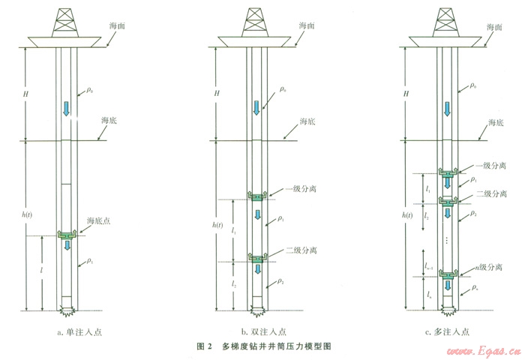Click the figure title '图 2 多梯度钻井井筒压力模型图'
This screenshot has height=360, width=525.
(263, 346)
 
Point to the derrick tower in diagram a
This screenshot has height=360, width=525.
(66, 19)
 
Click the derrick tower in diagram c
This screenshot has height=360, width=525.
(447, 19)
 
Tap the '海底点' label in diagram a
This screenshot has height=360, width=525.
(99, 220)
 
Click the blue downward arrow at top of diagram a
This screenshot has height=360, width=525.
(66, 108)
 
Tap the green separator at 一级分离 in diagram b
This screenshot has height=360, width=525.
(257, 196)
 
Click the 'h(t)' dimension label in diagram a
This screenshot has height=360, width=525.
(28, 215)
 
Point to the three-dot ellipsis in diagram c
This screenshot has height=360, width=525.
(448, 241)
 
